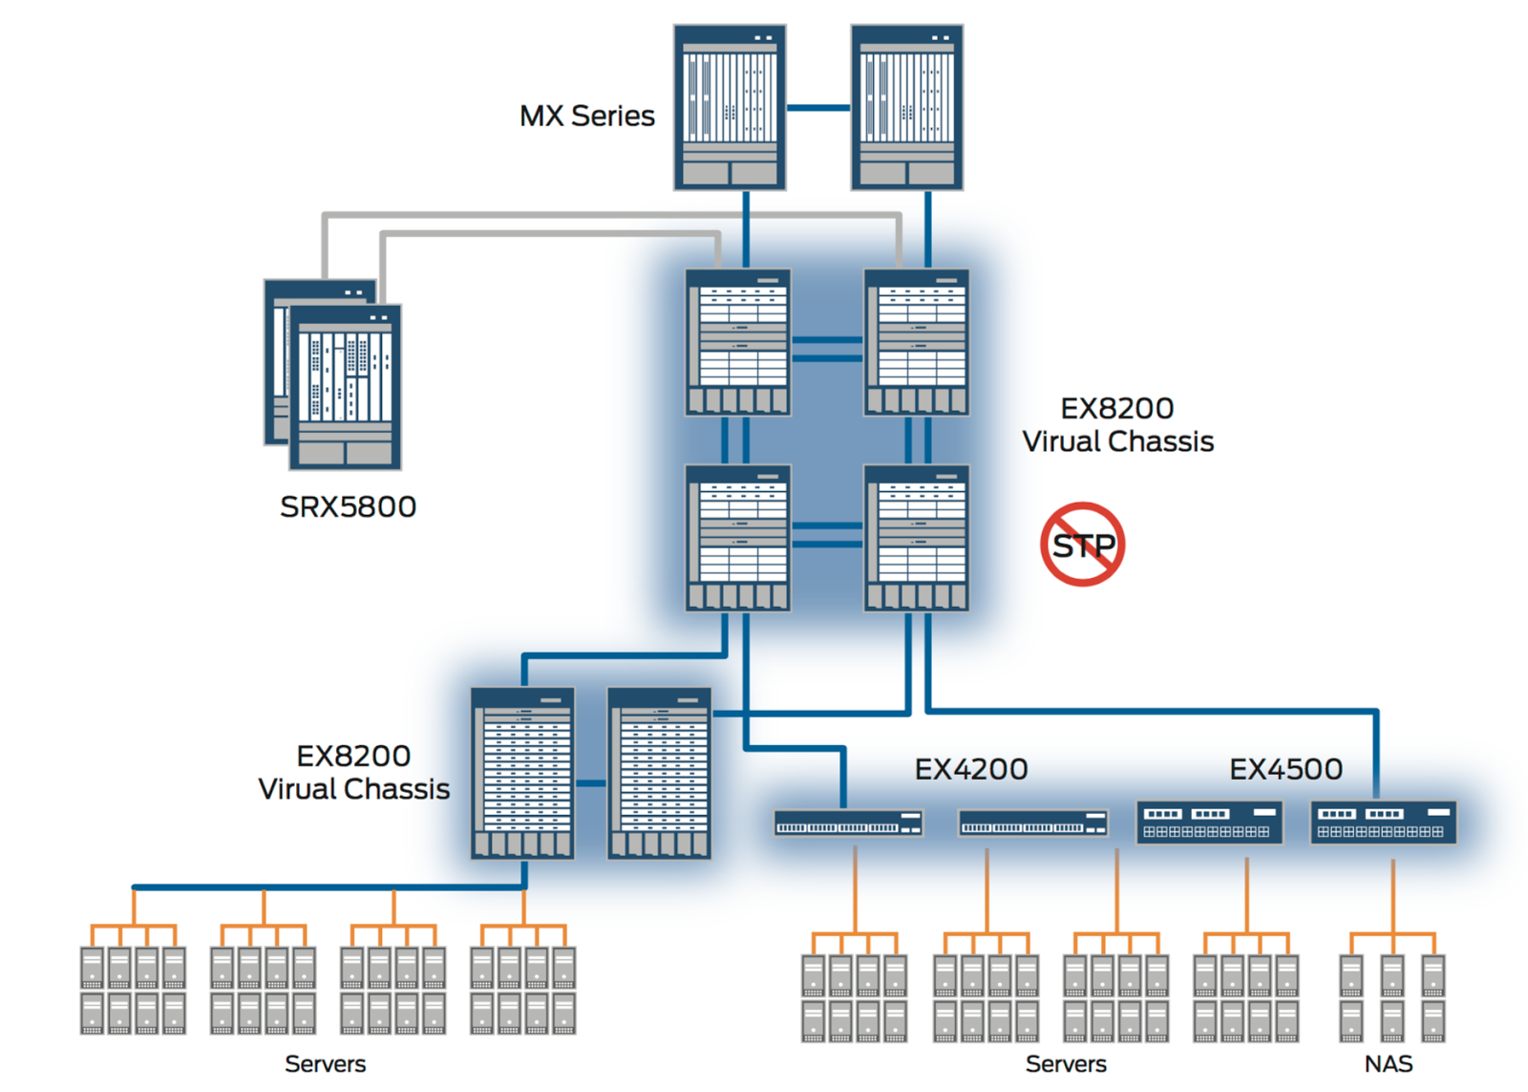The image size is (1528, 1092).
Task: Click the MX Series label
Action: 586,117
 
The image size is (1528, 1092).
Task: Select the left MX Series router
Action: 730,107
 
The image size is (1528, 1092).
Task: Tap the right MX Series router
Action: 906,107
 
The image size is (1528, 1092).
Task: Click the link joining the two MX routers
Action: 818,108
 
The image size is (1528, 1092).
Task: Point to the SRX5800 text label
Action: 348,506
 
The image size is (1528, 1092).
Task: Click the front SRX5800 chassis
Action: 346,387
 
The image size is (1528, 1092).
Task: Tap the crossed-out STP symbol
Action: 1082,545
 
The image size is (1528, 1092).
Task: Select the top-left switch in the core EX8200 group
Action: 737,342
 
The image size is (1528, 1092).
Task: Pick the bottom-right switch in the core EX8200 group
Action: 916,538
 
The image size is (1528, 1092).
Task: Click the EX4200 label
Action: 970,769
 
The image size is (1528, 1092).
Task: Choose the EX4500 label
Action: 1285,769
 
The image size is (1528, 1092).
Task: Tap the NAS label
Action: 1389,1064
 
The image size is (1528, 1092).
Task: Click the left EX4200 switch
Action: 848,823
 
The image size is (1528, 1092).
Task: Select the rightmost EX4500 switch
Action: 1383,823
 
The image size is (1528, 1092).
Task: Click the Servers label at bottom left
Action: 325,1064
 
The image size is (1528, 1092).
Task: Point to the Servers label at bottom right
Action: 1066,1064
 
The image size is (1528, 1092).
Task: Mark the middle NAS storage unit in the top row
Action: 1391,975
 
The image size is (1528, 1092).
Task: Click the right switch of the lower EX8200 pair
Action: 659,773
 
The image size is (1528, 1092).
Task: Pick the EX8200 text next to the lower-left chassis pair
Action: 353,756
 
